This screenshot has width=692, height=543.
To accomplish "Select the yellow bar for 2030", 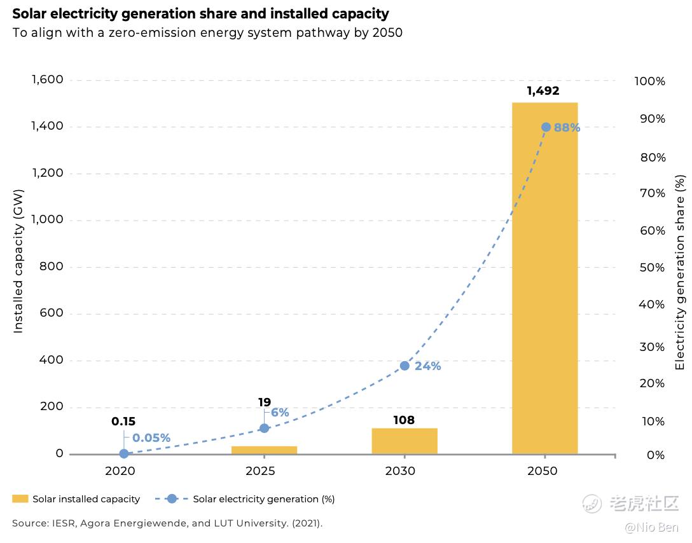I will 405,441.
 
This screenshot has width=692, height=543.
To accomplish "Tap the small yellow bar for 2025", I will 264,450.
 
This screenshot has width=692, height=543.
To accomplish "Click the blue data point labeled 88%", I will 546,127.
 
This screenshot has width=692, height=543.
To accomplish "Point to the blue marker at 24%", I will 405,366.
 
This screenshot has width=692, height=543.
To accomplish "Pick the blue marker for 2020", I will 124,453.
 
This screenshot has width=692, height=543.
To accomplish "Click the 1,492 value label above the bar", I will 543,91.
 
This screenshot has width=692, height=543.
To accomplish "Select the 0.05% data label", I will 151,438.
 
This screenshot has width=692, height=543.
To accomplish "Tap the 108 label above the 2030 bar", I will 404,420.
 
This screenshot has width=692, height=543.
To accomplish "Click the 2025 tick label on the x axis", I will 260,471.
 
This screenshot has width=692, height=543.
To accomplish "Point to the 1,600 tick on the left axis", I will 47,79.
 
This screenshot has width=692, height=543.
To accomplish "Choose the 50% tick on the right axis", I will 652,267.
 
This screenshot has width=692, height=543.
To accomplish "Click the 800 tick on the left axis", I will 52,266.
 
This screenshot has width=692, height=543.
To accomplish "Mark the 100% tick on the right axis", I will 650,81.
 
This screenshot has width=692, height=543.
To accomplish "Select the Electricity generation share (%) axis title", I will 680,272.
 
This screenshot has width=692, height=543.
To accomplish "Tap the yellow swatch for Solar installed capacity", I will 20,499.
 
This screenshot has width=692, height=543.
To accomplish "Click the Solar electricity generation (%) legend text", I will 264,499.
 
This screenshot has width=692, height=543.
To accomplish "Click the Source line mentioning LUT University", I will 167,523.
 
